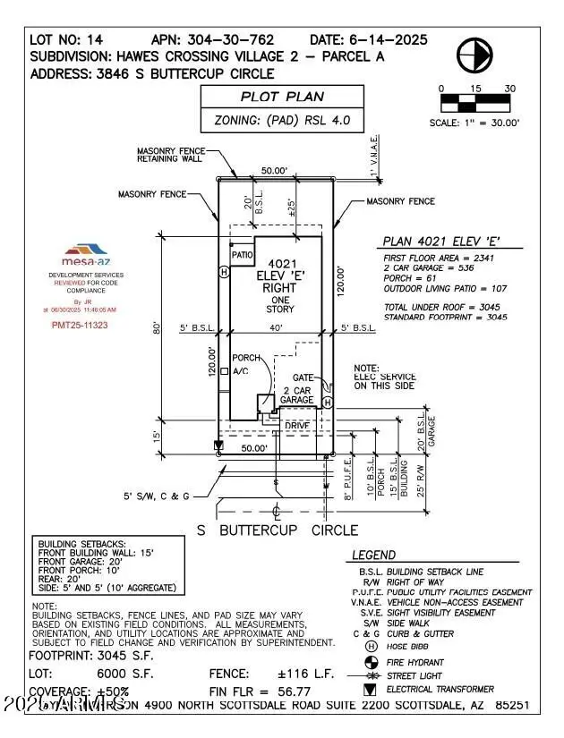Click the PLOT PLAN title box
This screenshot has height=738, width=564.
coord(282,98)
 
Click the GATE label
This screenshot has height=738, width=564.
coord(303,378)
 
